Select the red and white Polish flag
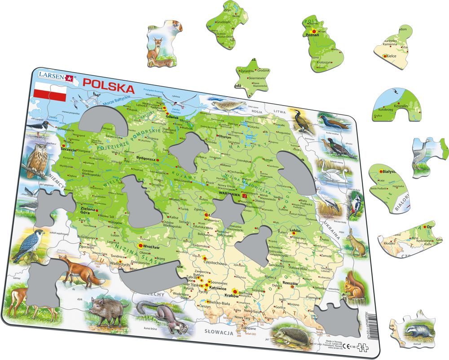50,92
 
